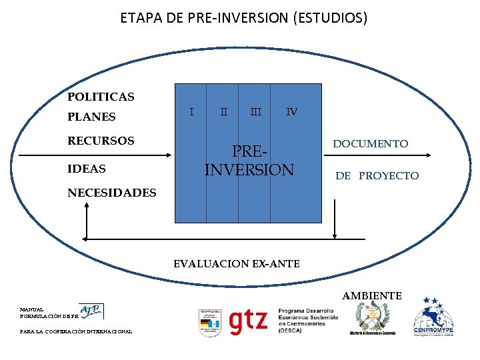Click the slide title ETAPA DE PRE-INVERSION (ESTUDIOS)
tap(243, 18)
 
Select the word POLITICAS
tap(101, 97)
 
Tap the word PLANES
tap(91, 117)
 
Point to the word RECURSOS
tap(101, 141)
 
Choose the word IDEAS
tap(87, 169)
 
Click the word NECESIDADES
tap(112, 193)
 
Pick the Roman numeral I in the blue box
tap(192, 111)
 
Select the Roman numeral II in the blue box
tap(225, 111)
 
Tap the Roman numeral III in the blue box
tap(255, 111)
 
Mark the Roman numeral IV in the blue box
tap(291, 111)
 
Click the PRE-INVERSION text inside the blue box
tap(249, 161)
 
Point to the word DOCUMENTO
tap(371, 144)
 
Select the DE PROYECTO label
tap(377, 176)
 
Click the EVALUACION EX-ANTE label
tap(237, 264)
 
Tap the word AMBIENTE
tap(372, 295)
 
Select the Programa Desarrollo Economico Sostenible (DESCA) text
tap(307, 320)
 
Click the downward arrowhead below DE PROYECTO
tap(335, 234)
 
